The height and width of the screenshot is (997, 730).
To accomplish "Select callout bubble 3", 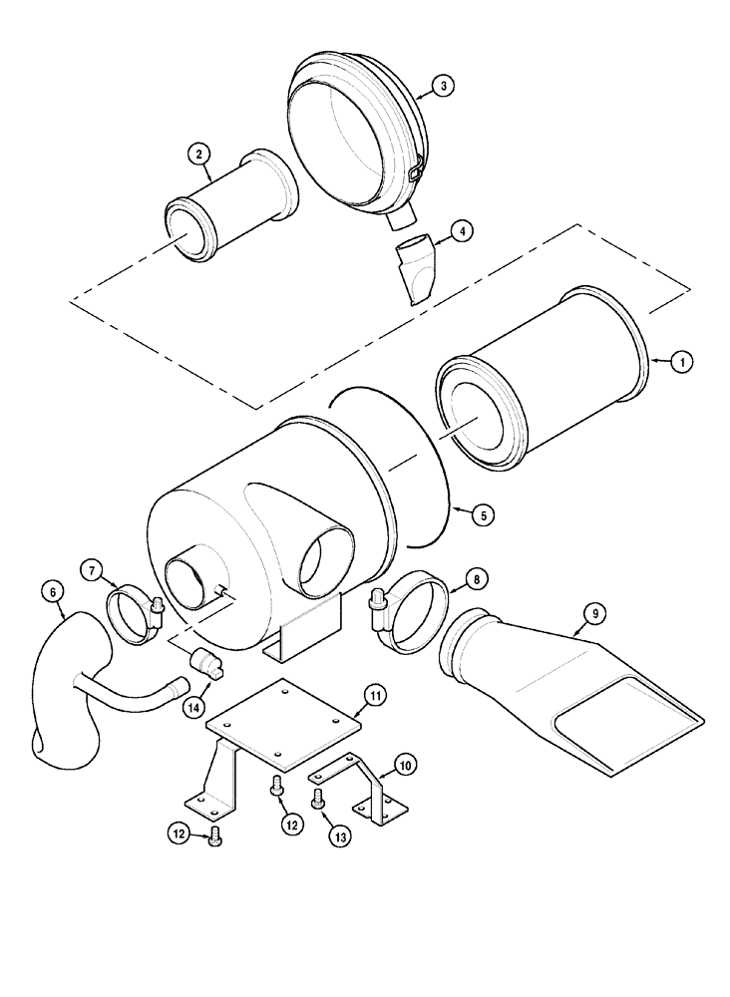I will click(445, 86).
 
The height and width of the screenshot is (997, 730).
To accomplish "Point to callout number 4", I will click(460, 231).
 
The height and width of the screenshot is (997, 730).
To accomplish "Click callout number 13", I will click(340, 836).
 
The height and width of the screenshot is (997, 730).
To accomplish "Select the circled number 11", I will click(374, 696).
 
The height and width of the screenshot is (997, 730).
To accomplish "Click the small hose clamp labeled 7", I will click(133, 615).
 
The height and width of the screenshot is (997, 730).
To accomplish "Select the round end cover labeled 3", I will click(354, 135).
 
